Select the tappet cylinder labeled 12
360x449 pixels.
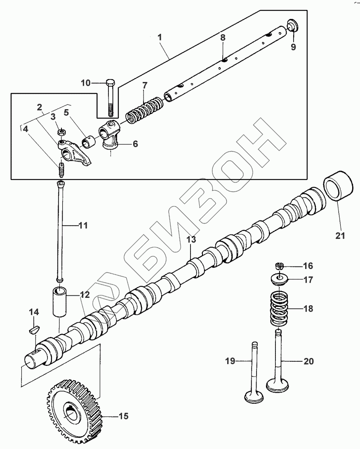pyautogui.click(x=59, y=302)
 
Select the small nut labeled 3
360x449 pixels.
pyautogui.click(x=61, y=132)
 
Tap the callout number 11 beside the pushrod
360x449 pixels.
pyautogui.click(x=83, y=225)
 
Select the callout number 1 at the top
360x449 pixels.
pyautogui.click(x=160, y=37)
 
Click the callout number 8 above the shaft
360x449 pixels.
pyautogui.click(x=223, y=37)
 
